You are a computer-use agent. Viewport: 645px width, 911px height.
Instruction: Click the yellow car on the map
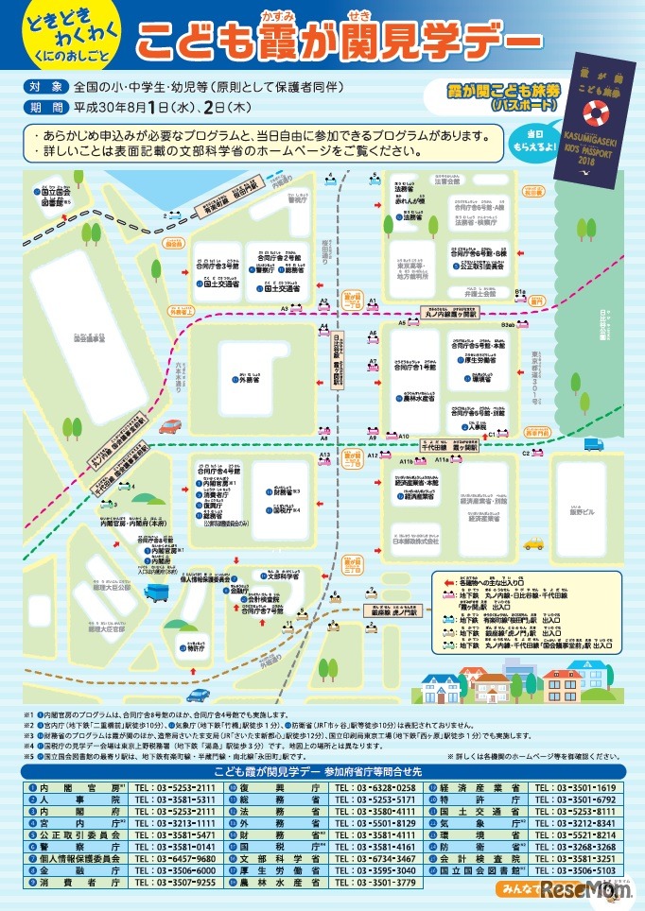(x=533, y=544)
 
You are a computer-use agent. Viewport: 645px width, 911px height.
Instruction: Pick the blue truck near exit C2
(x=593, y=444)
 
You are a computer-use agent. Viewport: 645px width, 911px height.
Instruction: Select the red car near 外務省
(x=169, y=426)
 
